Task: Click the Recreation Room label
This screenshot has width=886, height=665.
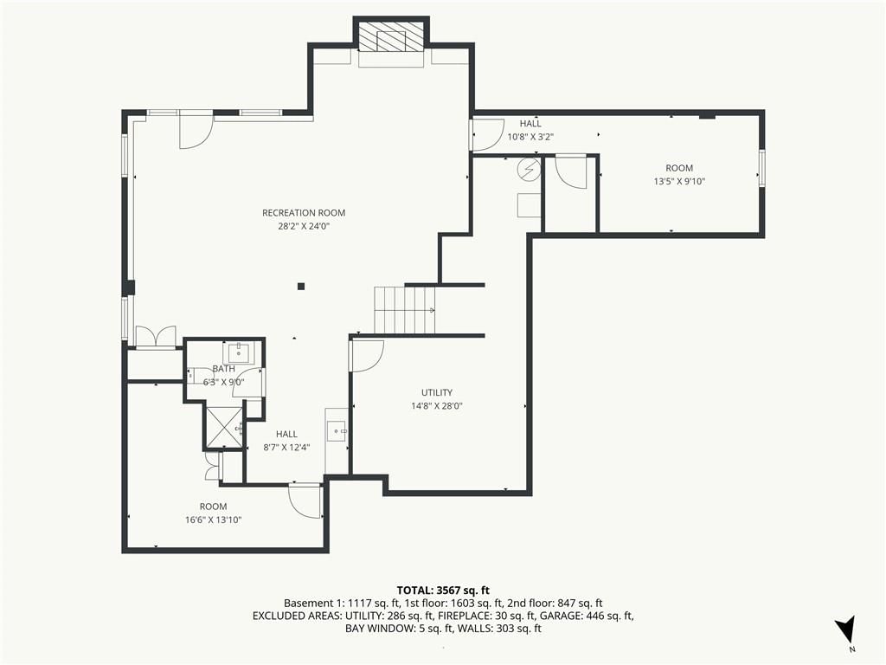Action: pos(304,213)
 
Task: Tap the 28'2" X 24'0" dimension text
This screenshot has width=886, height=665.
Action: pos(304,227)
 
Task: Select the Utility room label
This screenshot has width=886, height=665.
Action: pos(437,392)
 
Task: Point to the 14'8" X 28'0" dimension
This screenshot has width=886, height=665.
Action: pos(437,406)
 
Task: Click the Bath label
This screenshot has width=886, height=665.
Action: pos(224,369)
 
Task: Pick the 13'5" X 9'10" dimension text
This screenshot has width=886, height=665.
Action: pos(679,182)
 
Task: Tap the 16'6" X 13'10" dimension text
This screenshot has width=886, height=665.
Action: pos(213,520)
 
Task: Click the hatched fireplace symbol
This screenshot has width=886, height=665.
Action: pos(391,38)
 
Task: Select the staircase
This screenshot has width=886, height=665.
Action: pos(405,311)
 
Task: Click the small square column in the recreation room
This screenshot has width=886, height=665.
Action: pos(301,287)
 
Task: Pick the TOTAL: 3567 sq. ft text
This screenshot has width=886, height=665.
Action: pos(443,591)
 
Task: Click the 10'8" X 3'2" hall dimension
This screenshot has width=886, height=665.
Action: pos(530,137)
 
